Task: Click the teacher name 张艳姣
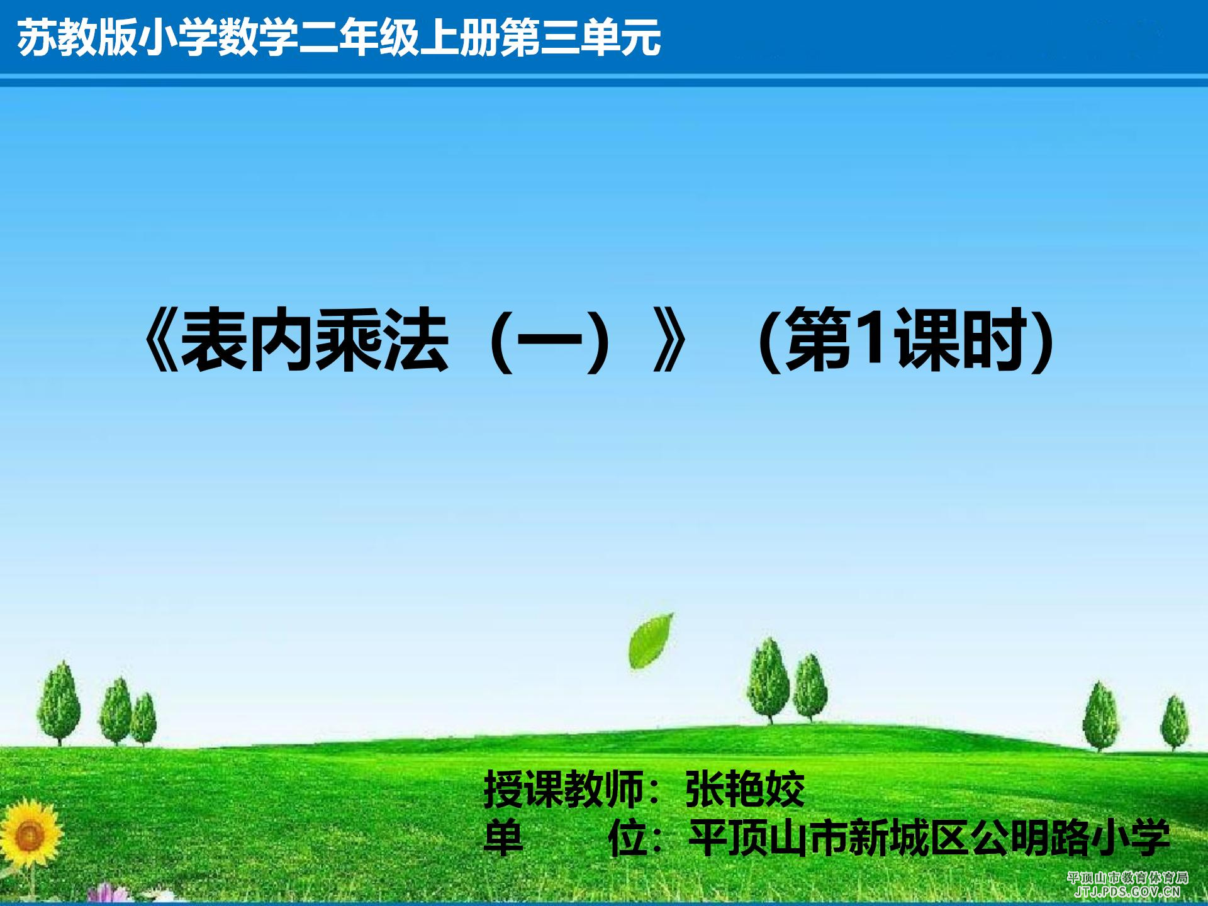(745, 789)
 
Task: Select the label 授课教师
(563, 789)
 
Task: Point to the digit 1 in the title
(873, 339)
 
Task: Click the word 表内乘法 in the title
(315, 340)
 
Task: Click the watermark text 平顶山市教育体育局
(1127, 878)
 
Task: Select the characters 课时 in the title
(959, 340)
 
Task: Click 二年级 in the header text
(359, 37)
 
